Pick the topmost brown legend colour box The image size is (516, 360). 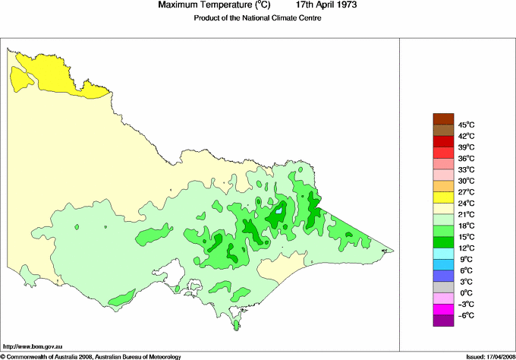point(442,118)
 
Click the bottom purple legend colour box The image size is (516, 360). point(442,321)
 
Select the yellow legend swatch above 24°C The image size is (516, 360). point(442,197)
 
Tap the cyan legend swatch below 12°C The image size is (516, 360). point(442,254)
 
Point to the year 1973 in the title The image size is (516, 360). point(343,5)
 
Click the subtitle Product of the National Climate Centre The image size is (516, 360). point(257,18)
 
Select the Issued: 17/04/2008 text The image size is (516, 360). point(486,355)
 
